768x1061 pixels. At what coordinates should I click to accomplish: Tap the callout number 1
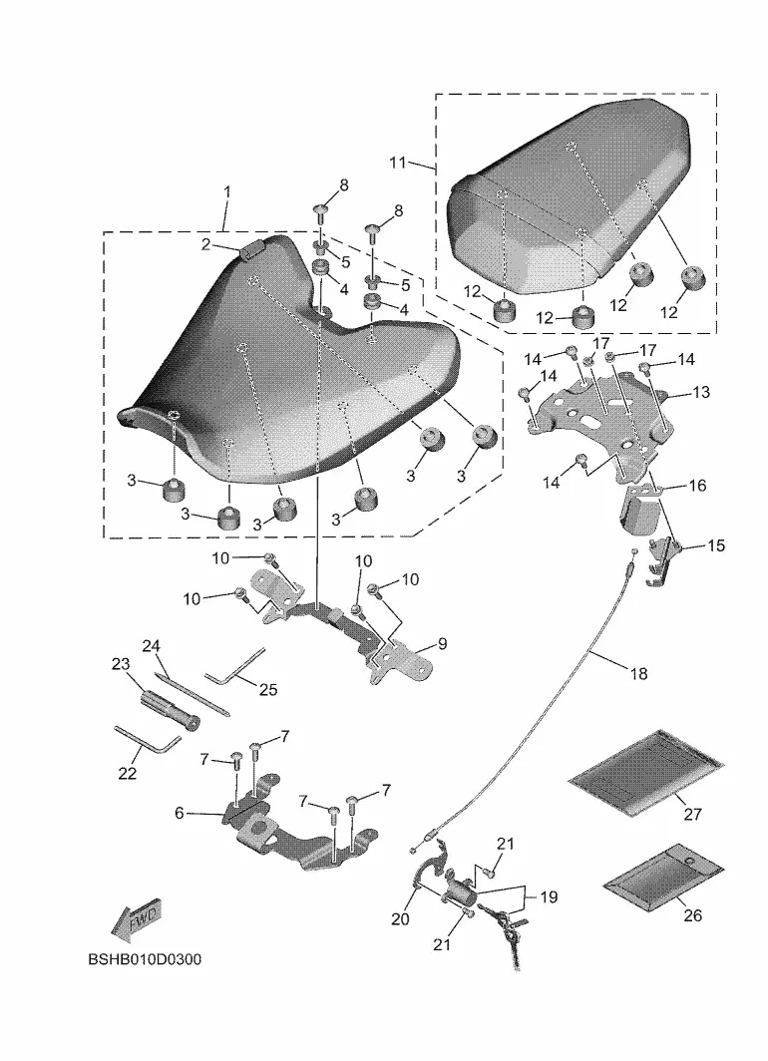click(x=226, y=190)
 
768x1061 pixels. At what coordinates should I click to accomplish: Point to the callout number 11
click(x=398, y=162)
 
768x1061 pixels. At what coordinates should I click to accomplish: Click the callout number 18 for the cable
click(x=638, y=674)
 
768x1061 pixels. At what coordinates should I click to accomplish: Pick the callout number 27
click(x=693, y=814)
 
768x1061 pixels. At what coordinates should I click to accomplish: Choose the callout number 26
click(x=693, y=915)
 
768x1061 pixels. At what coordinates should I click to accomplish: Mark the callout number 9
click(x=442, y=644)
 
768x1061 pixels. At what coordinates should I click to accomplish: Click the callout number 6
click(x=181, y=813)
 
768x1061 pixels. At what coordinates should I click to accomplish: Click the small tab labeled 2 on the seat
click(x=251, y=248)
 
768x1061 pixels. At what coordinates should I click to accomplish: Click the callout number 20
click(x=400, y=918)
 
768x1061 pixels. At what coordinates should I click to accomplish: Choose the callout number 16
click(x=697, y=486)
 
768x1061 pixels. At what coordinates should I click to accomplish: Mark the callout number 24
click(x=152, y=646)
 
